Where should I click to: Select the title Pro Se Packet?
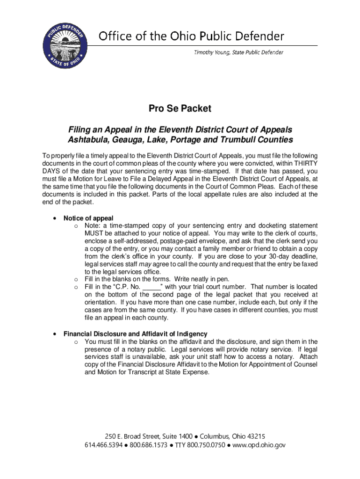(180, 109)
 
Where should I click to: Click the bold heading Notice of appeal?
(88, 218)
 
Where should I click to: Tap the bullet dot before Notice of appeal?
(55, 218)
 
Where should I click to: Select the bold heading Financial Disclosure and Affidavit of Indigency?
(135, 334)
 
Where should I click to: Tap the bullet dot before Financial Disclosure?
(55, 334)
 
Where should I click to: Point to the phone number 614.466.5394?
(103, 445)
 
